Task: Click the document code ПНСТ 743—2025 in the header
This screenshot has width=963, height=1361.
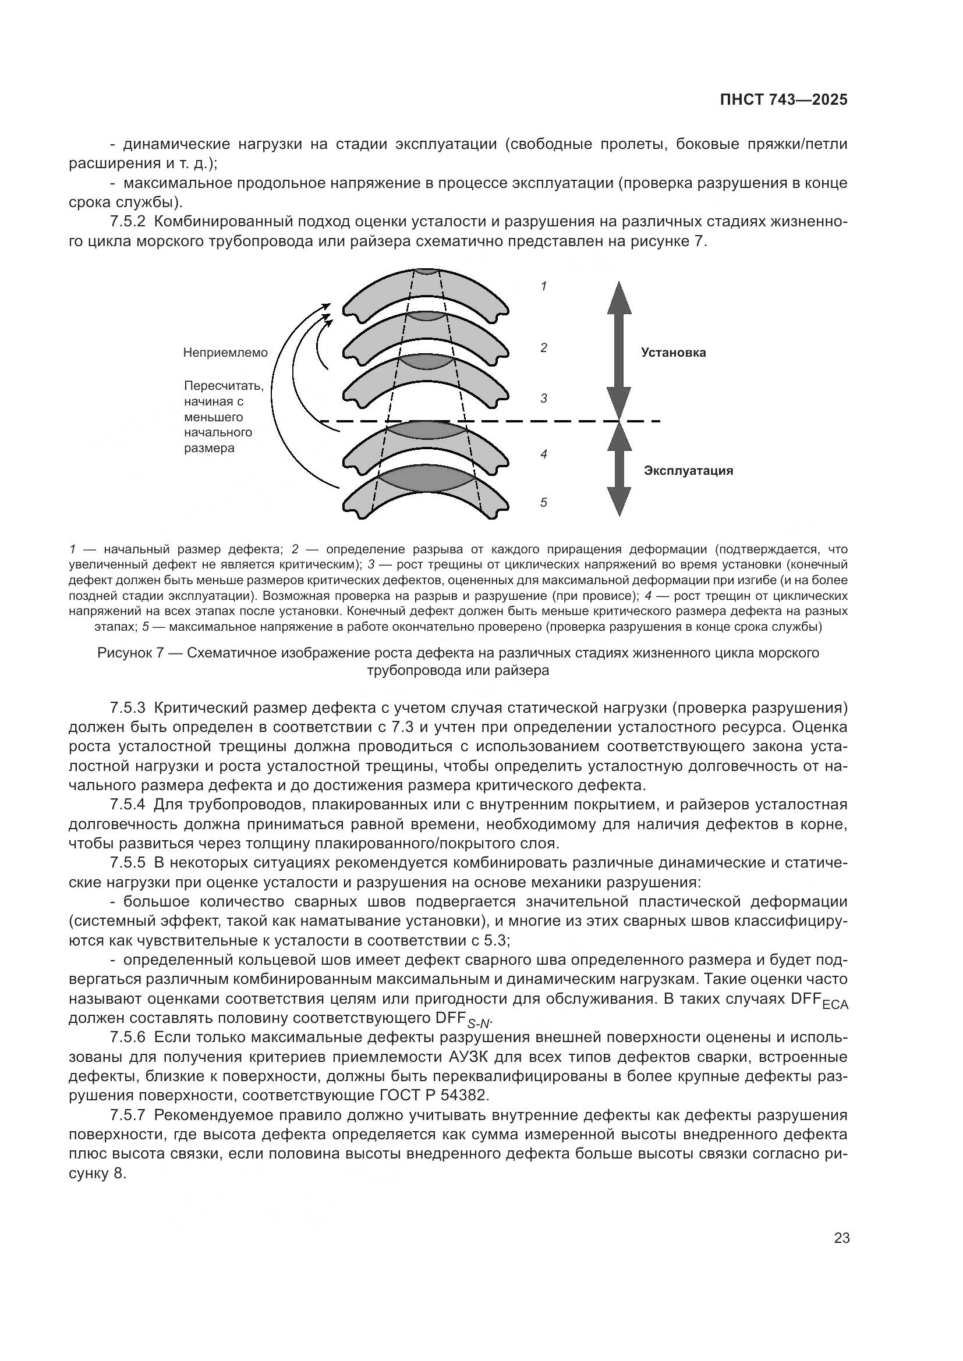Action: coord(783,100)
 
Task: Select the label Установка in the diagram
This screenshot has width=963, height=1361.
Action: coord(673,353)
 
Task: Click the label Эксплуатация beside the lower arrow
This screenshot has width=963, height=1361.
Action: coord(688,471)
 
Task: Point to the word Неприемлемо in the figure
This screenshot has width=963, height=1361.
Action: coord(225,353)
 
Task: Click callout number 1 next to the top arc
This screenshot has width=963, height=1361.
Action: coord(543,286)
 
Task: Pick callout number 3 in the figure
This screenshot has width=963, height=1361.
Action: coord(543,399)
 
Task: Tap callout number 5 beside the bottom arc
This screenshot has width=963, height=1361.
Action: coord(543,503)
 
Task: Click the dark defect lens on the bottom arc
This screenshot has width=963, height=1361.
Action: coord(426,478)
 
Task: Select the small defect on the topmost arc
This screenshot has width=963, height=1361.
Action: coord(426,271)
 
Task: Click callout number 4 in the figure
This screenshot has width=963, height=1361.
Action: coord(543,454)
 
